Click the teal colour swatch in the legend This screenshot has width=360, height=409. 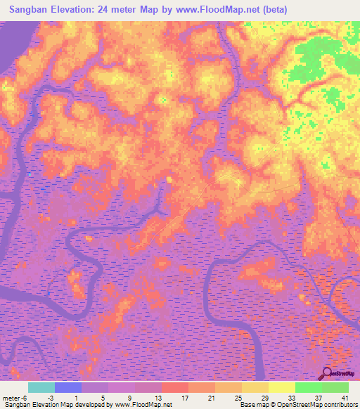click(x=41, y=387)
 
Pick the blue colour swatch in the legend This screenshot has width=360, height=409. click(x=68, y=387)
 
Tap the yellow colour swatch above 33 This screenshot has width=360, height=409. click(x=282, y=387)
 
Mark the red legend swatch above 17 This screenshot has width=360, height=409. click(x=175, y=387)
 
